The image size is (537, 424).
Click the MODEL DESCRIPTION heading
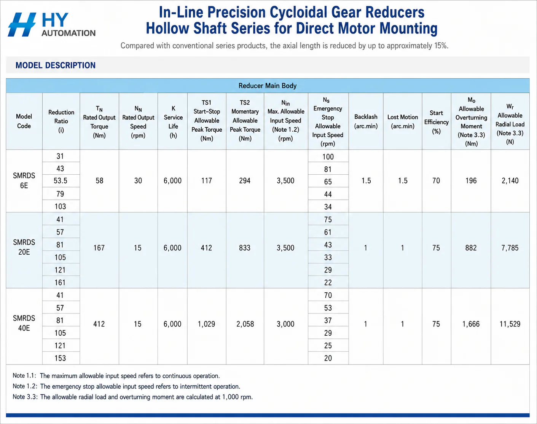(56, 65)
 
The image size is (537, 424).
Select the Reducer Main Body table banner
(268, 86)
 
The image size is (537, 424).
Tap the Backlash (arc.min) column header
(366, 121)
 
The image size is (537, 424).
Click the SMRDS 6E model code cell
(24, 181)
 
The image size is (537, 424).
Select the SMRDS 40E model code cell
(24, 323)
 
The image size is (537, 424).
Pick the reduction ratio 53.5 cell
(61, 181)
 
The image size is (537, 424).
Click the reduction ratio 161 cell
(60, 282)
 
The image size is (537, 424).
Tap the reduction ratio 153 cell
(60, 358)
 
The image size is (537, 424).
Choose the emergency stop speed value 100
(328, 157)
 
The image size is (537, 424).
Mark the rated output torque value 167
(99, 248)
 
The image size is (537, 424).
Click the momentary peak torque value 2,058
(245, 324)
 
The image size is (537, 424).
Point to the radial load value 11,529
(510, 324)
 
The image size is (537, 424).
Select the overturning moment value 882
(471, 248)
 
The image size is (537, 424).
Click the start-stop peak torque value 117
(207, 181)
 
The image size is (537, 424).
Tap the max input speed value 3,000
(285, 324)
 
